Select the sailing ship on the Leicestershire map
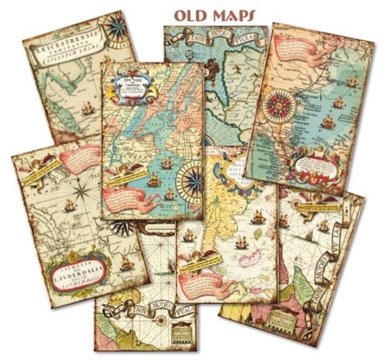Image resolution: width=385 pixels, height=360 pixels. point(88,108)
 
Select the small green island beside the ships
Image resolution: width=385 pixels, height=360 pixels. point(258,234)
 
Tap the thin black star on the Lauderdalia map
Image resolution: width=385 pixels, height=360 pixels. point(82,191)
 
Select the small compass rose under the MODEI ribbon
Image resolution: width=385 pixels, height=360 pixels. point(161,320)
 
